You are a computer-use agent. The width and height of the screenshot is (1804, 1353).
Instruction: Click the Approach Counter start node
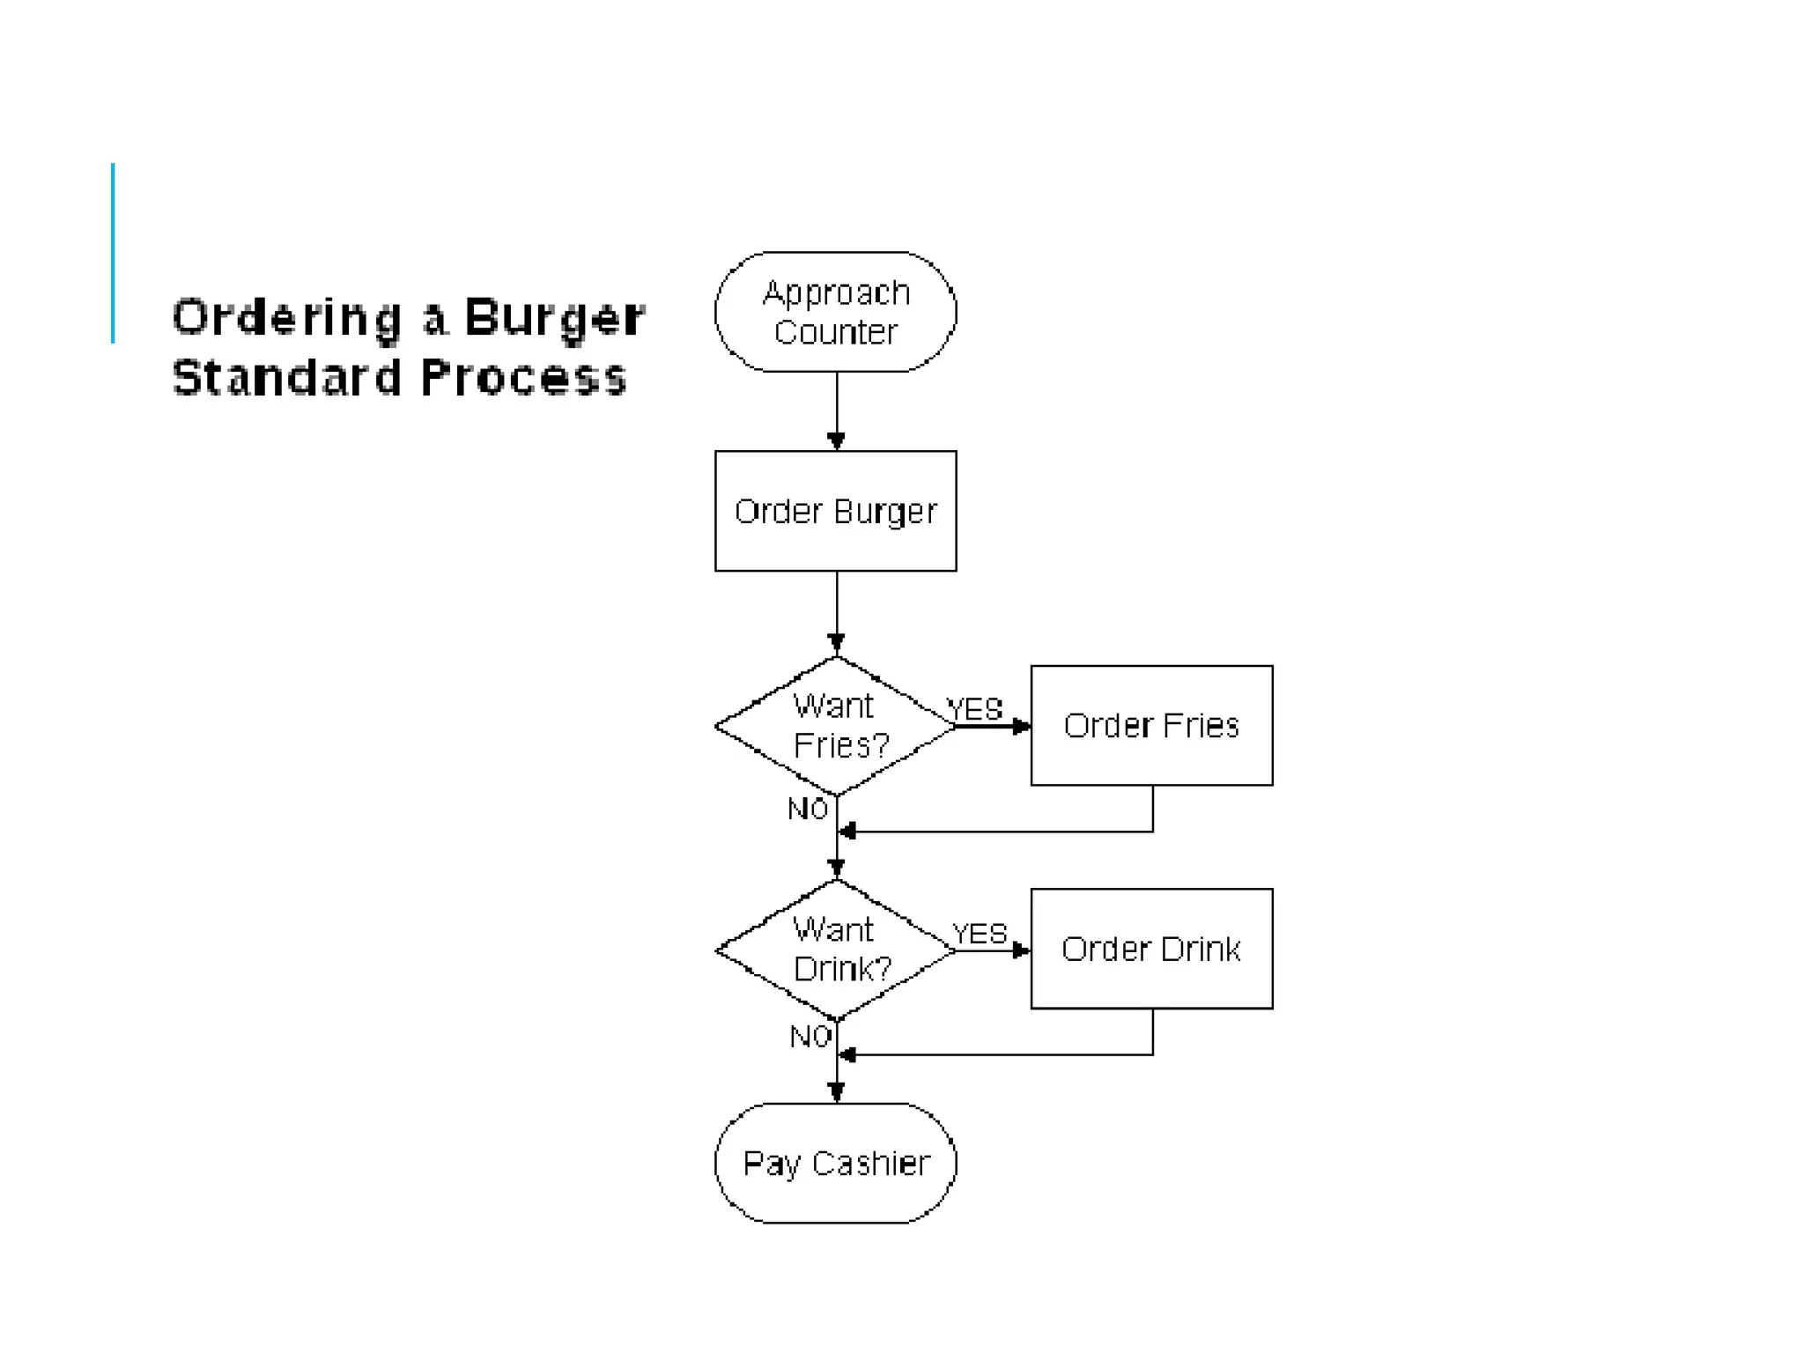click(x=835, y=312)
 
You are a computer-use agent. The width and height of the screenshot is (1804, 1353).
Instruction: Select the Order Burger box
click(x=835, y=511)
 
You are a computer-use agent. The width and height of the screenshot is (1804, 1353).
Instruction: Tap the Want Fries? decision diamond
click(x=835, y=726)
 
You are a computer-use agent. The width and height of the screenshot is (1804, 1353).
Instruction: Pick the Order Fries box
click(x=1151, y=725)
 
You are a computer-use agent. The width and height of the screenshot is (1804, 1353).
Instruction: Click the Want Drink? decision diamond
click(x=835, y=950)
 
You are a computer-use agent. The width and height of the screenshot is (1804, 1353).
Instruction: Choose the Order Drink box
click(x=1151, y=949)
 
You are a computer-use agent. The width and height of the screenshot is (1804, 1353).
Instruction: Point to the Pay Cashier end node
click(x=835, y=1163)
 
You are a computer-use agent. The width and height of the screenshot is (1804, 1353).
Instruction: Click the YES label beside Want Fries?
click(x=974, y=708)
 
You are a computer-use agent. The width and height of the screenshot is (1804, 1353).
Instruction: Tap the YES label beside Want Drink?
click(x=979, y=933)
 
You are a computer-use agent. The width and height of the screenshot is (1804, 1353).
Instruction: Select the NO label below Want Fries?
click(x=807, y=809)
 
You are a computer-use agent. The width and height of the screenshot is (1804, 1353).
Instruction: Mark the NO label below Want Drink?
click(x=810, y=1036)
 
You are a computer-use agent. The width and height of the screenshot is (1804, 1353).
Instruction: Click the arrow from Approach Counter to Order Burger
click(x=836, y=410)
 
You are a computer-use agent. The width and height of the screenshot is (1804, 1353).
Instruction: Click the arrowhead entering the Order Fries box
click(x=1022, y=727)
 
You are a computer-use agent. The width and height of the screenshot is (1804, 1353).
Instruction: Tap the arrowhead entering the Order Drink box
click(x=1022, y=950)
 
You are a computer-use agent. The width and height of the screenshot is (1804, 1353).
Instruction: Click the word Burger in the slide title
click(x=554, y=317)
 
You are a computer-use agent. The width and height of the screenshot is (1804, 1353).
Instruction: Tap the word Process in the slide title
click(x=522, y=377)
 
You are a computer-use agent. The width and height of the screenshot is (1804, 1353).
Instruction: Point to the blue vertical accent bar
click(x=113, y=253)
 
